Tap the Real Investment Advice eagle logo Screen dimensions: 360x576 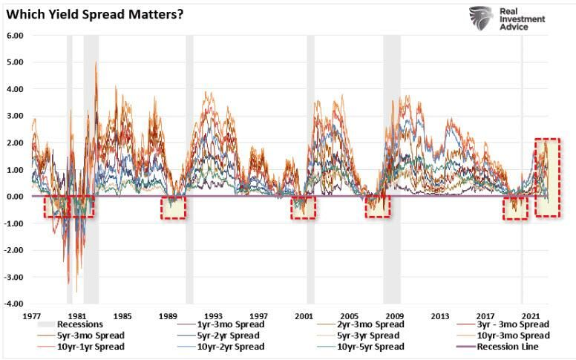coord(482,19)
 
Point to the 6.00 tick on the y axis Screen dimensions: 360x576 coord(15,36)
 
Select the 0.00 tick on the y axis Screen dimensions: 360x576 coord(15,197)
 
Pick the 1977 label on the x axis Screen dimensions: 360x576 coord(31,315)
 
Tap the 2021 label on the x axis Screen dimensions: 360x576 coord(530,315)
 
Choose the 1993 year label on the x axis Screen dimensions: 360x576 coord(212,315)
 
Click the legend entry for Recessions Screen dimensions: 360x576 coord(77,324)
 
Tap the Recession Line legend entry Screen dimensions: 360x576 coord(513,347)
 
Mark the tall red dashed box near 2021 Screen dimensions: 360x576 coord(547,177)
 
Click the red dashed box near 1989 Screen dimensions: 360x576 coord(173,208)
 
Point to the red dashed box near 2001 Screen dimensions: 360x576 coord(303,207)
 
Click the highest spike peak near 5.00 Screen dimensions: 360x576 coord(96,62)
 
